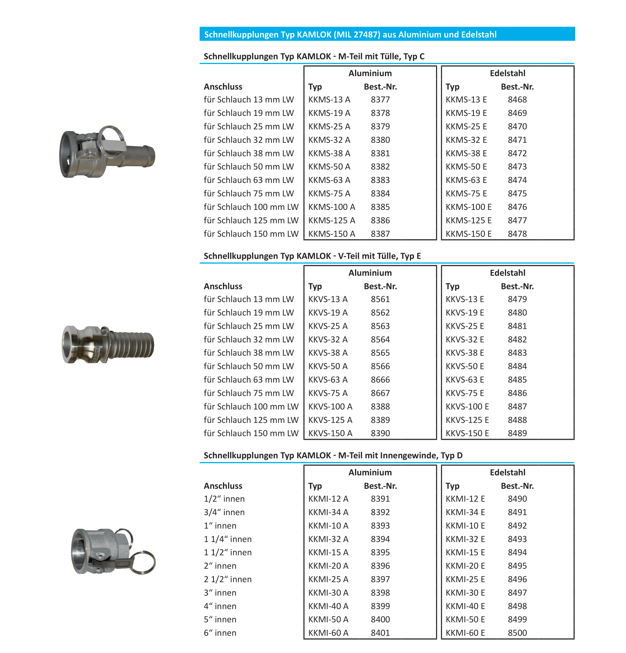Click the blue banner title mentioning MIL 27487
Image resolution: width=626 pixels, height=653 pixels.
click(x=350, y=34)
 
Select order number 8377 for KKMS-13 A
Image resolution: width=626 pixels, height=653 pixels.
click(x=380, y=100)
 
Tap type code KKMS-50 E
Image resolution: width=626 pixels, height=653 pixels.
click(x=466, y=167)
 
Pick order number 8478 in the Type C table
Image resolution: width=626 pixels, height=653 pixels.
click(x=517, y=234)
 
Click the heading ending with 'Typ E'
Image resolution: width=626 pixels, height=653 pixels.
click(x=312, y=256)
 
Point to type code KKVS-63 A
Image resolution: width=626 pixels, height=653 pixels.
click(x=328, y=380)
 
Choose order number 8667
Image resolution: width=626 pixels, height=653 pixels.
click(x=380, y=393)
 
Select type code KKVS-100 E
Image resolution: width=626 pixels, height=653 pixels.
click(x=467, y=406)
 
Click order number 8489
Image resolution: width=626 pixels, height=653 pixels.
click(x=517, y=433)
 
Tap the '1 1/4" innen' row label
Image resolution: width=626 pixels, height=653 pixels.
click(x=227, y=539)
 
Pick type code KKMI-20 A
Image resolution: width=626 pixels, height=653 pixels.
click(x=328, y=566)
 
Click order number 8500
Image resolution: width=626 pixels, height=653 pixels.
click(x=517, y=633)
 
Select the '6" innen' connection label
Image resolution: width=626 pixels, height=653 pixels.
click(x=220, y=633)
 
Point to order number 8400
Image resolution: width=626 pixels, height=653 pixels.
click(x=380, y=619)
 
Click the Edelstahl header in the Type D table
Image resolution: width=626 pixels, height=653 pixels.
click(x=507, y=472)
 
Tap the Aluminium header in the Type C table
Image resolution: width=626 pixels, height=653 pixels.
click(x=370, y=73)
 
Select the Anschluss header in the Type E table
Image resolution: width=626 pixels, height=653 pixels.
click(x=223, y=286)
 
